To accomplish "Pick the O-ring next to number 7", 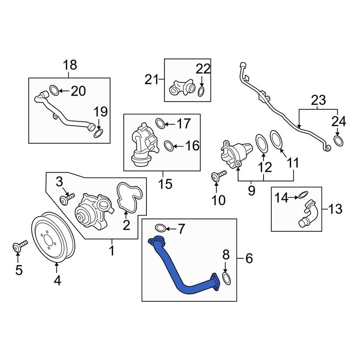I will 161,228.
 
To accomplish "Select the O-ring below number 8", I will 226,278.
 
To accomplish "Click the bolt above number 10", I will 218,175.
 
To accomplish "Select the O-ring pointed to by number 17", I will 161,123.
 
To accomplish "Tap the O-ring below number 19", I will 98,134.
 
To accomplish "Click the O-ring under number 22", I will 201,92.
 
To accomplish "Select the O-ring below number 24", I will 338,141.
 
